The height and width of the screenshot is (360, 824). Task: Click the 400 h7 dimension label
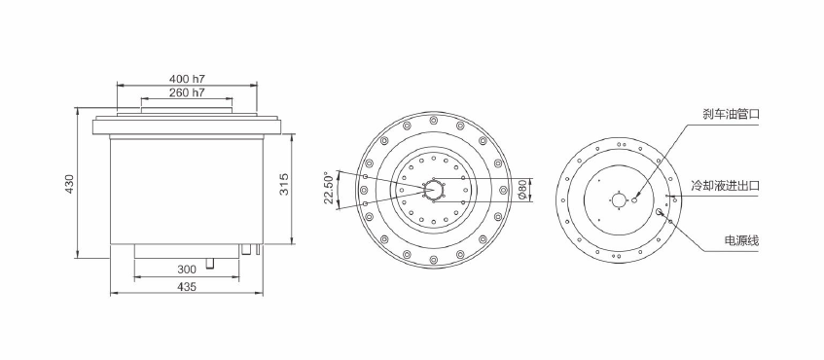[x=187, y=79]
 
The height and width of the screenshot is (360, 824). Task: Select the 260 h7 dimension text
[x=187, y=93]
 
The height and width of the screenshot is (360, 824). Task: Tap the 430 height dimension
[x=70, y=184]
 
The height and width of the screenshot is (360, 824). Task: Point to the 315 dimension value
[x=284, y=184]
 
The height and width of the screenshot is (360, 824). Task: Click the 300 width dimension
[x=187, y=270]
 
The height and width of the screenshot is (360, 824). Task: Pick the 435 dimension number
[x=187, y=286]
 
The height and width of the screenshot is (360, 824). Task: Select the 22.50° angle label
[x=330, y=188]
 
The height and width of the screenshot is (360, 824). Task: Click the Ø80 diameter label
[x=522, y=189]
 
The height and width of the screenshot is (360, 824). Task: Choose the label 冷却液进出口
[x=725, y=185]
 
